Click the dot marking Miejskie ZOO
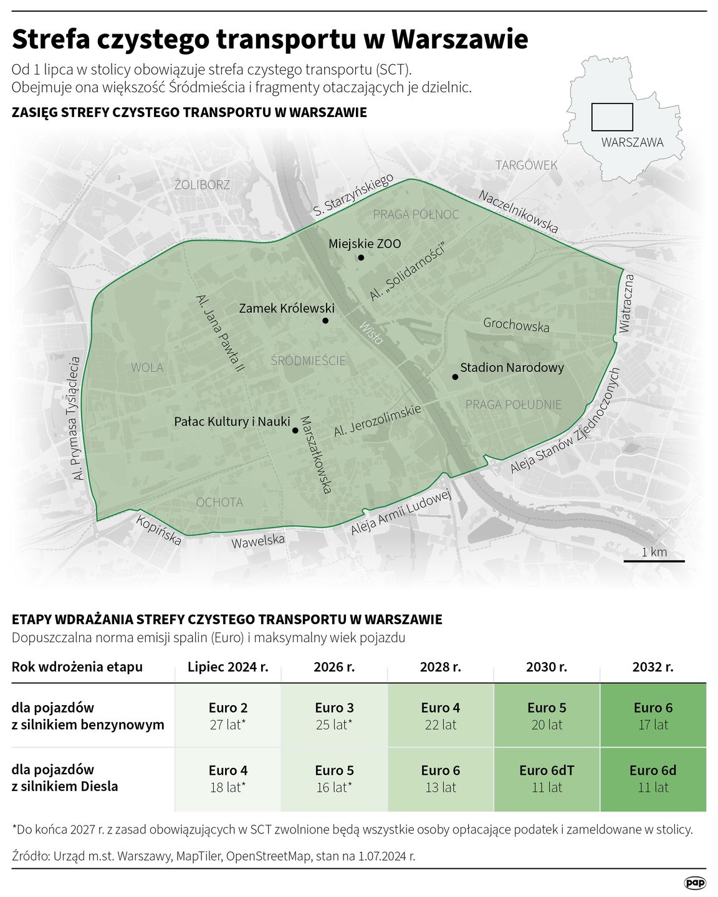tap(361, 257)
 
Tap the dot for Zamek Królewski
tap(325, 321)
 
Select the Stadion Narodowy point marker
tap(455, 377)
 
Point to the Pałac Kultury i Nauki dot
tap(295, 430)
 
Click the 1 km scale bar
tap(654, 561)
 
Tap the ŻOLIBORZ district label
tap(202, 185)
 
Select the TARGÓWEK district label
tap(526, 165)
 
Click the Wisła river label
tap(371, 333)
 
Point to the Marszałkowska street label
tap(315, 455)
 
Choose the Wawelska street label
tap(258, 541)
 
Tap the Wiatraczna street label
tap(626, 303)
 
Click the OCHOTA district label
tap(219, 502)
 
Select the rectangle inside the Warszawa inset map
tap(611, 117)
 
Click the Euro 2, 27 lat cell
tap(228, 716)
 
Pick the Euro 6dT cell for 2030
tap(547, 779)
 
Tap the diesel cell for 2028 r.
tap(441, 779)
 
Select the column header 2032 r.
tap(653, 667)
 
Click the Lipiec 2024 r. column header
tap(228, 667)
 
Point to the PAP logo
tap(695, 883)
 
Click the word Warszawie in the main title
tap(459, 39)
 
